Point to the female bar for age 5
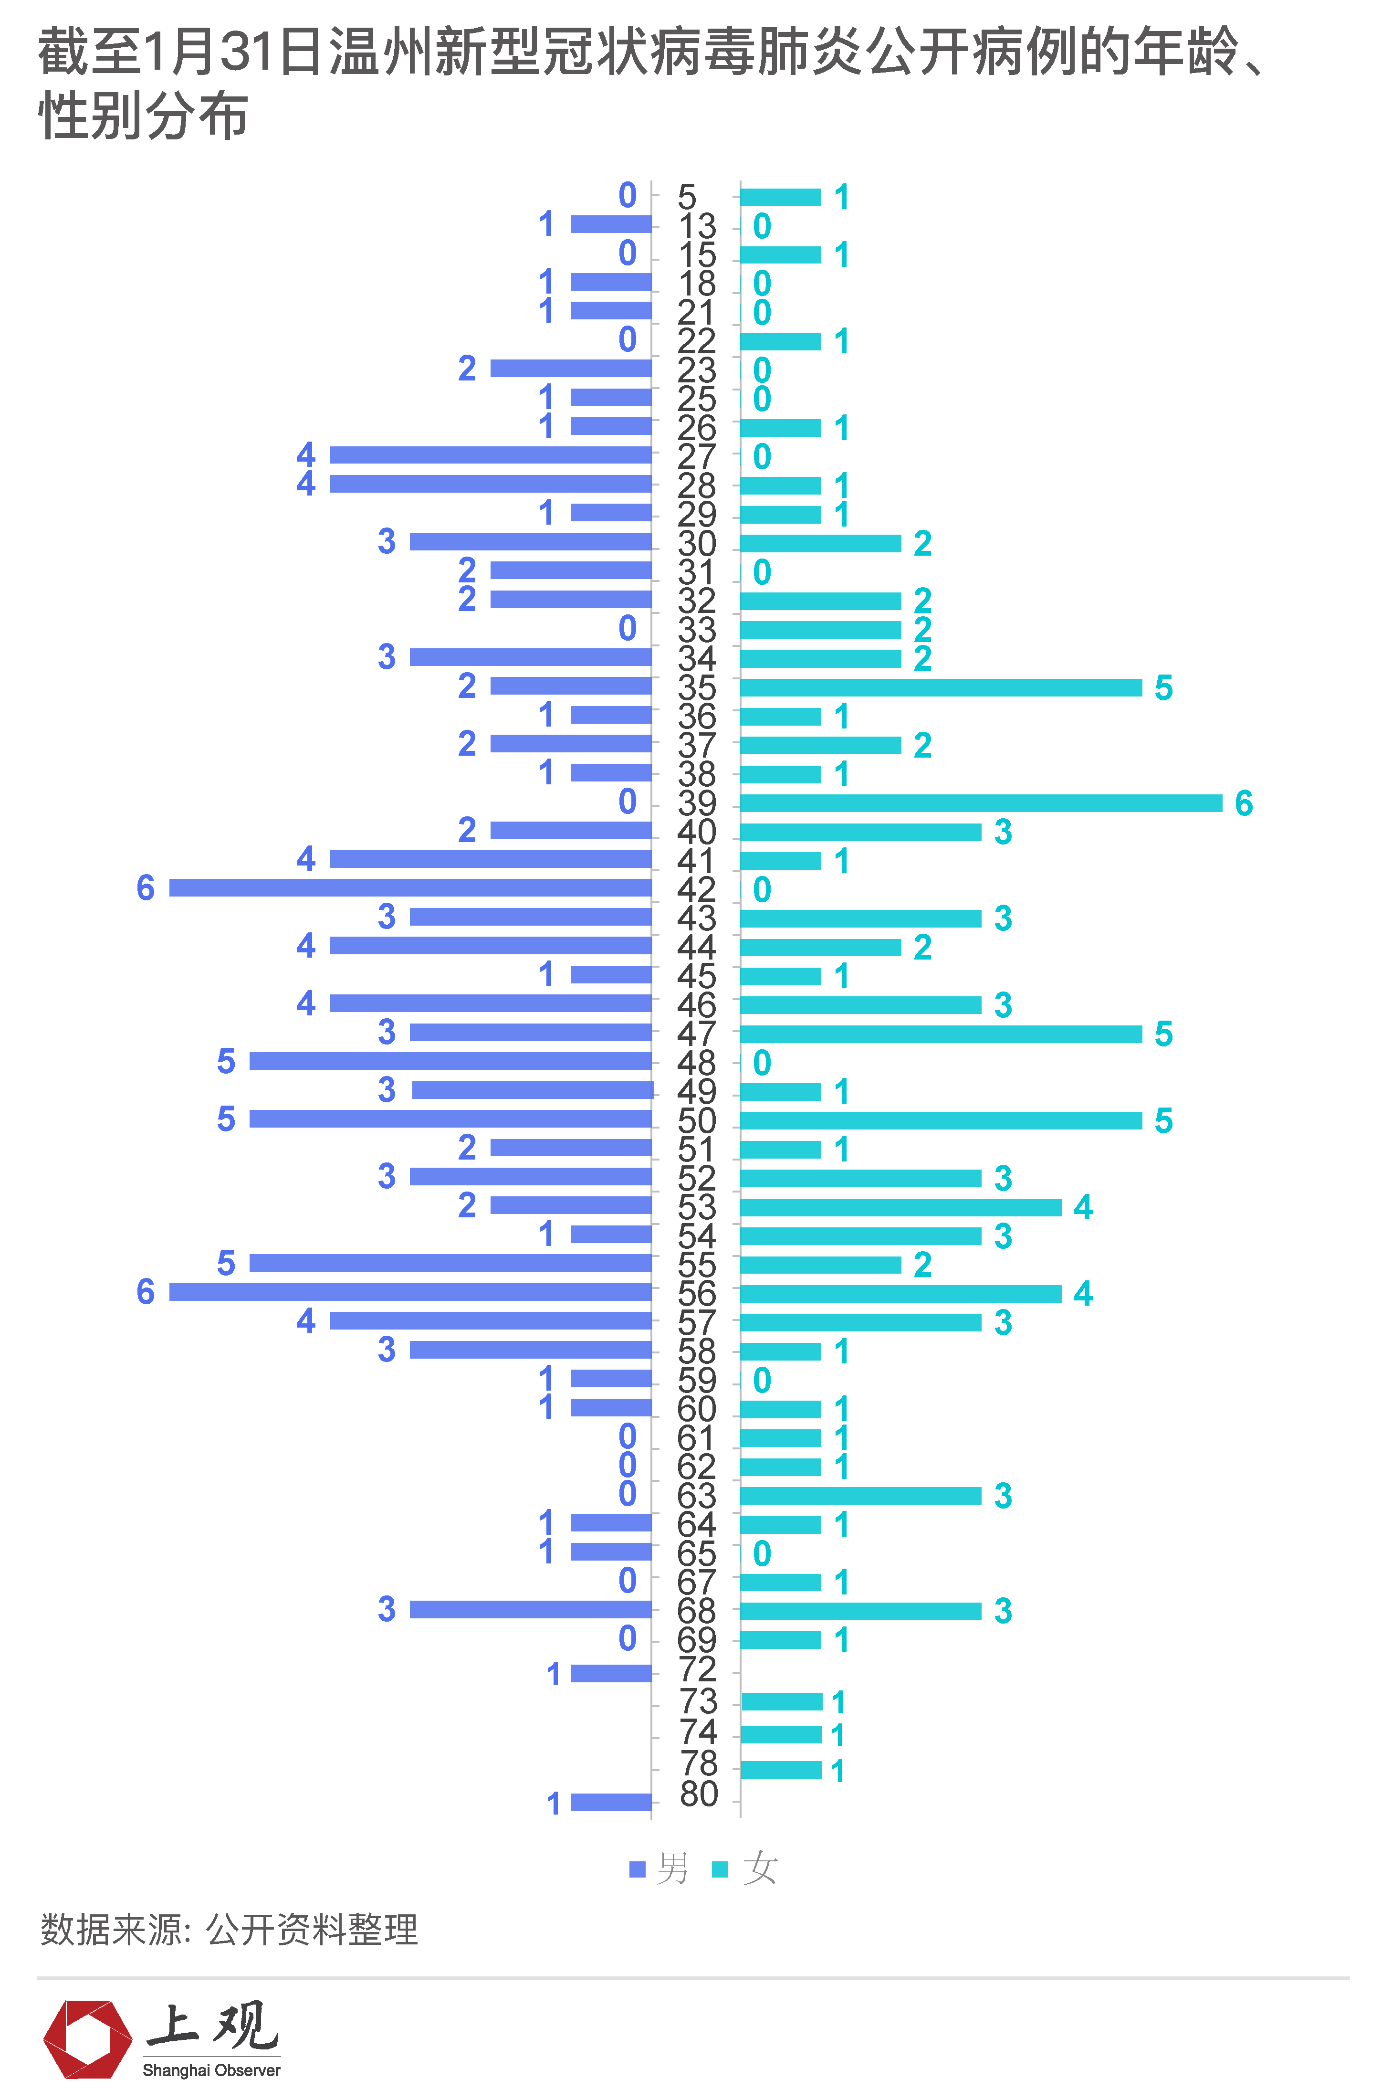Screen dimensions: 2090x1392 tap(780, 197)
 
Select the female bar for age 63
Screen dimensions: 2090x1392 tap(860, 1496)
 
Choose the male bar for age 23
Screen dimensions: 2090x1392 tap(571, 369)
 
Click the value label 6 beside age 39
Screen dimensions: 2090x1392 tap(1244, 803)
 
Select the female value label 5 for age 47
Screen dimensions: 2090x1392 tap(1163, 1034)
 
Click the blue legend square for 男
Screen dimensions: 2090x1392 tap(637, 1870)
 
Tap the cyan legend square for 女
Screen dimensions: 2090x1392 tap(720, 1870)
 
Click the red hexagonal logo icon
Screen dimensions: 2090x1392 tap(87, 2039)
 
